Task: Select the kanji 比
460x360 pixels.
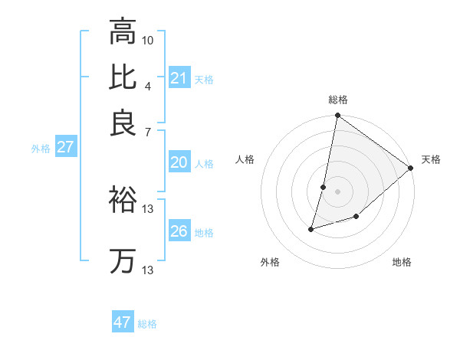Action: pyautogui.click(x=123, y=77)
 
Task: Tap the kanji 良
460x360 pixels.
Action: pyautogui.click(x=123, y=123)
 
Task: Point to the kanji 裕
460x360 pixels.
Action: pyautogui.click(x=123, y=199)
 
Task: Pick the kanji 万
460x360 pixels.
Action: pyautogui.click(x=123, y=260)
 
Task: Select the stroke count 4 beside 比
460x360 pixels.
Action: pyautogui.click(x=148, y=86)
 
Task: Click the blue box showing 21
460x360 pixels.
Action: pyautogui.click(x=179, y=77)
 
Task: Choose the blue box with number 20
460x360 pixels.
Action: pyautogui.click(x=179, y=162)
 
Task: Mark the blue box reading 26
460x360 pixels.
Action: pyautogui.click(x=179, y=231)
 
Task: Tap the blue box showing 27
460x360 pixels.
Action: pyautogui.click(x=65, y=147)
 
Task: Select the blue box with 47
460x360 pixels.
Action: pyautogui.click(x=123, y=322)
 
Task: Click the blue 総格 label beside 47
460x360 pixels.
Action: pyautogui.click(x=147, y=324)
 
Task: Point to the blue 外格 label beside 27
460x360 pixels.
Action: pyautogui.click(x=40, y=149)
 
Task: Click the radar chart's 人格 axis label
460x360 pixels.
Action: pyautogui.click(x=245, y=159)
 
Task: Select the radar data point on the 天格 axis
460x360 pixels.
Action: pyautogui.click(x=411, y=169)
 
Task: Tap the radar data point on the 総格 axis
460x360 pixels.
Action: pyautogui.click(x=337, y=116)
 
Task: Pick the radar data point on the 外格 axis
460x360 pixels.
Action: pyautogui.click(x=311, y=229)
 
